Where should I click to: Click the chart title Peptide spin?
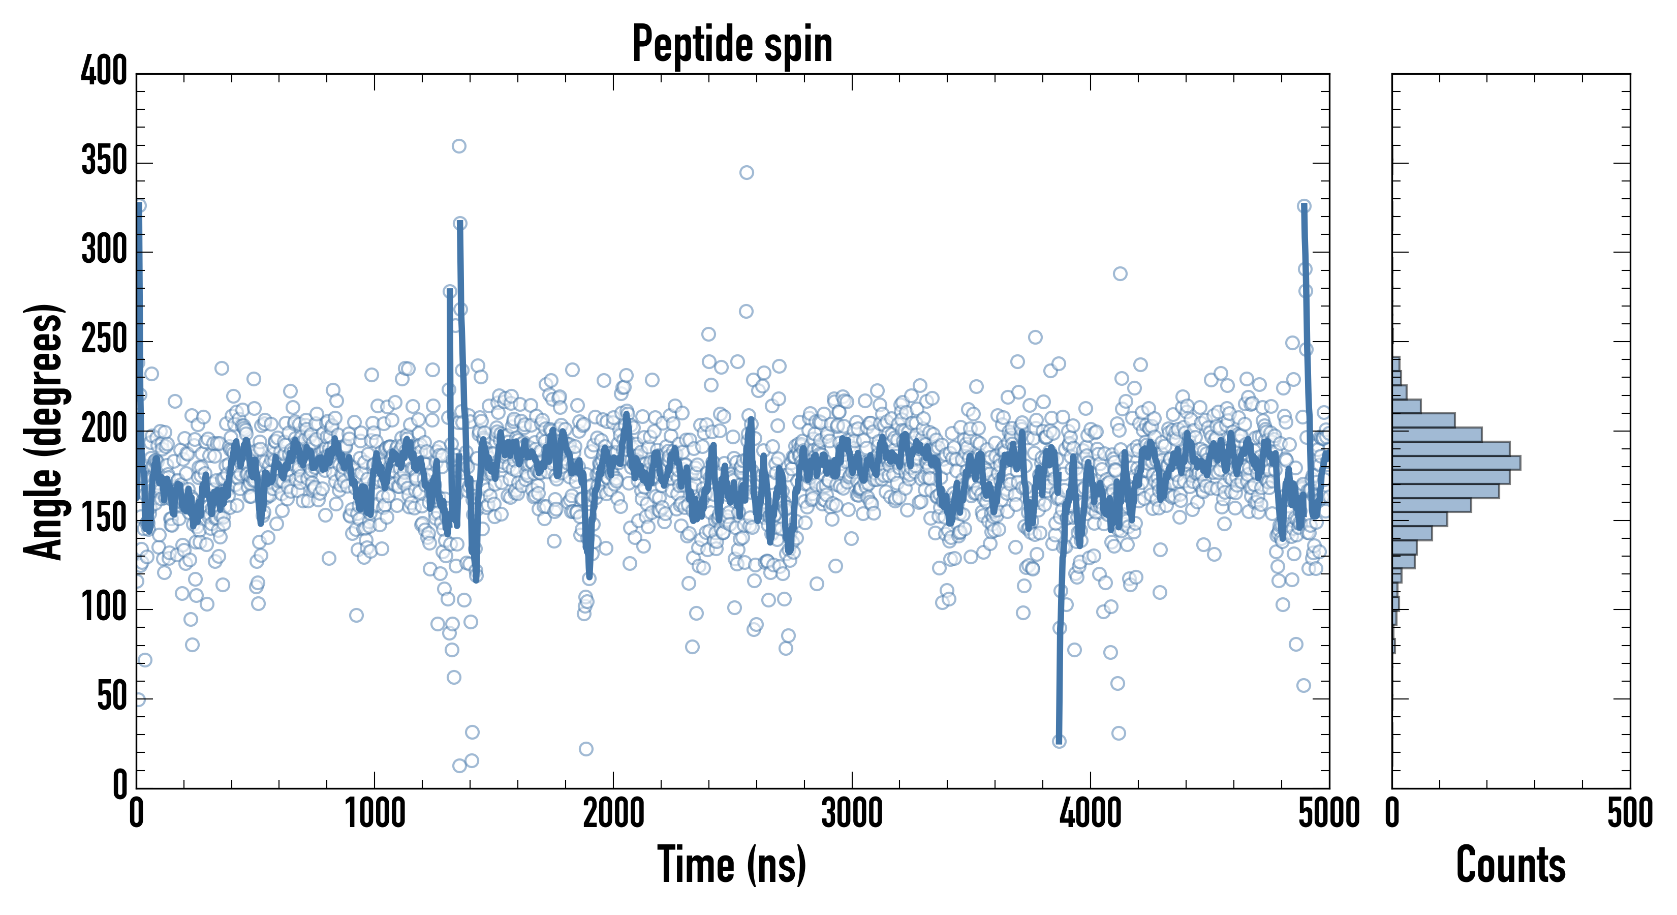tap(732, 44)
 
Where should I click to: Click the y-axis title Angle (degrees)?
tap(44, 431)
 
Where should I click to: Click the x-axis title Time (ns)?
tap(732, 864)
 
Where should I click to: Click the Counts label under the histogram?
tap(1510, 864)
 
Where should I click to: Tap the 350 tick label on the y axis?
tap(104, 160)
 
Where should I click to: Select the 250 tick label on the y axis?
tap(104, 339)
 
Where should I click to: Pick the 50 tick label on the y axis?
tap(112, 697)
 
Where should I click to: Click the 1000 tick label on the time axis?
tap(375, 813)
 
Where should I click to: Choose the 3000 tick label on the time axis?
tap(852, 813)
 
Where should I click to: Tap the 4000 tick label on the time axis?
tap(1091, 813)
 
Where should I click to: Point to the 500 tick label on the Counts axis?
tap(1629, 813)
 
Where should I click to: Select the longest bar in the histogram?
tap(1456, 463)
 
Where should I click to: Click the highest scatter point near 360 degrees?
tap(459, 146)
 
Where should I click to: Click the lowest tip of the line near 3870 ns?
tap(1059, 741)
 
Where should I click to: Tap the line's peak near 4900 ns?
tap(1304, 206)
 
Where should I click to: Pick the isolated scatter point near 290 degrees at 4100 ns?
tap(1120, 273)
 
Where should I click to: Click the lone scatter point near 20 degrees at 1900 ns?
tap(586, 749)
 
